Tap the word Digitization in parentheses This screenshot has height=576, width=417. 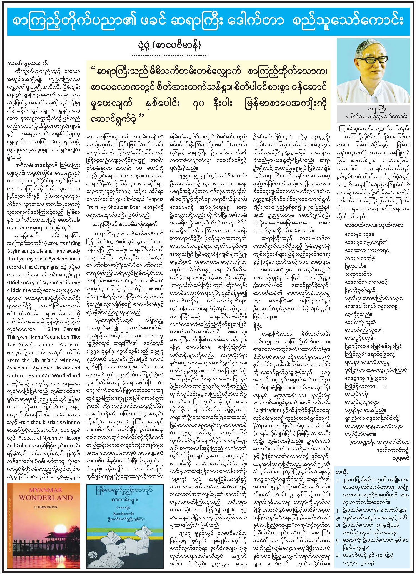(x=267, y=410)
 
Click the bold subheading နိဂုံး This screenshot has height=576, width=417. (x=258, y=326)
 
